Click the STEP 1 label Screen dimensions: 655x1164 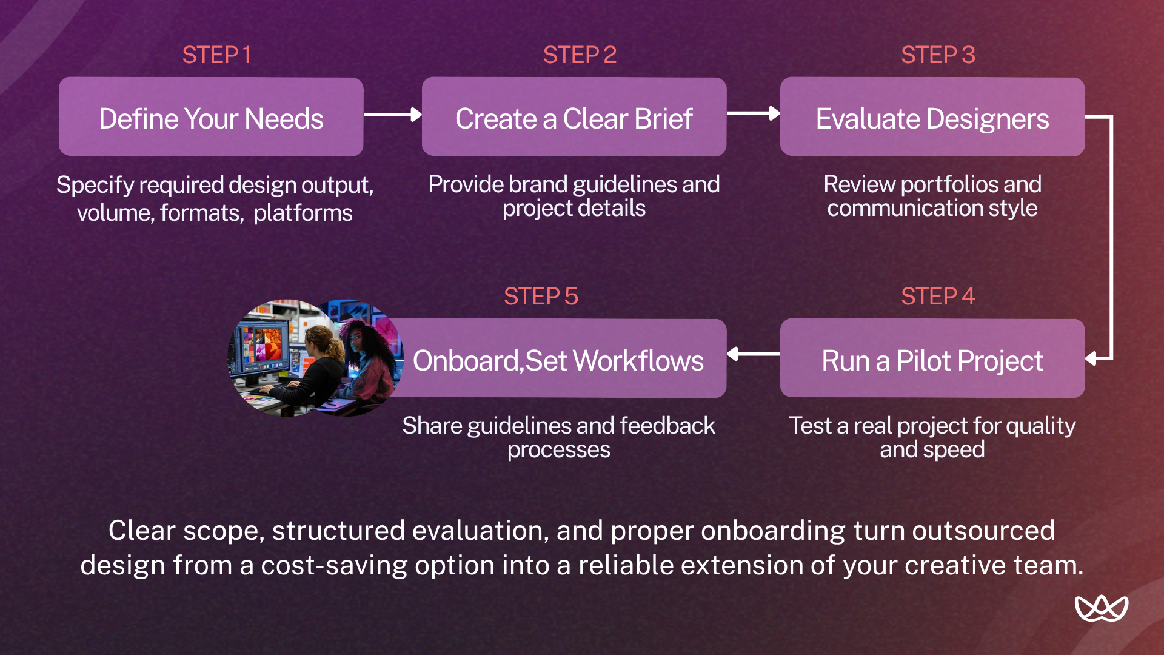(x=216, y=55)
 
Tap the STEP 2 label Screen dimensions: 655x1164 (x=580, y=55)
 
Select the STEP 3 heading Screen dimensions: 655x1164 (x=938, y=55)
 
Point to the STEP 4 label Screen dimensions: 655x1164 (x=938, y=297)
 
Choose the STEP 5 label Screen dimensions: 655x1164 (x=541, y=297)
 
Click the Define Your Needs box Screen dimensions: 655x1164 (x=211, y=117)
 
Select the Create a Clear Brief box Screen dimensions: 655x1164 (x=574, y=117)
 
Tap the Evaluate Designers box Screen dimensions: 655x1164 (x=932, y=117)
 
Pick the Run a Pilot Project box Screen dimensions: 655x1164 (x=932, y=358)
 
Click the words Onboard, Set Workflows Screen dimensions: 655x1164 (x=558, y=361)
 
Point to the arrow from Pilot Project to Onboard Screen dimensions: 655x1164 (x=753, y=354)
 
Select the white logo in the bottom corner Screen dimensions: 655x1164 (x=1101, y=608)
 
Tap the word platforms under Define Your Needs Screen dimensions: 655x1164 (x=303, y=213)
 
